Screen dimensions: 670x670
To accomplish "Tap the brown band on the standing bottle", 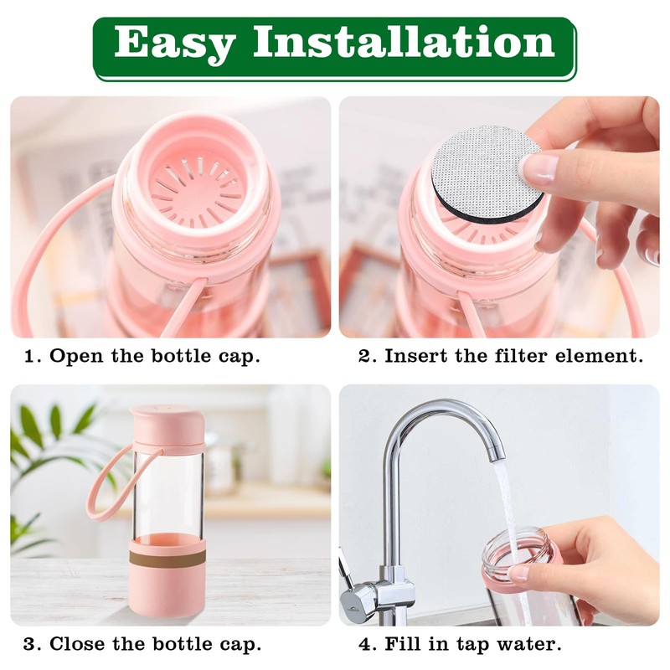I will tap(167, 554).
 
